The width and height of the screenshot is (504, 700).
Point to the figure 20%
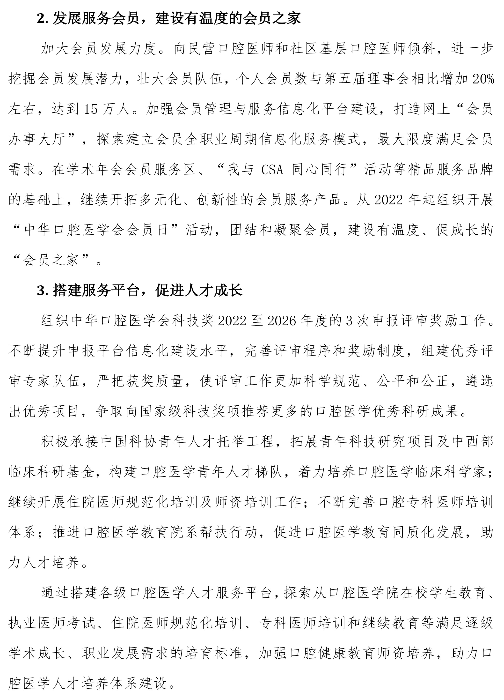[483, 80]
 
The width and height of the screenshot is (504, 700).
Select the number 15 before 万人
[91, 110]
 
